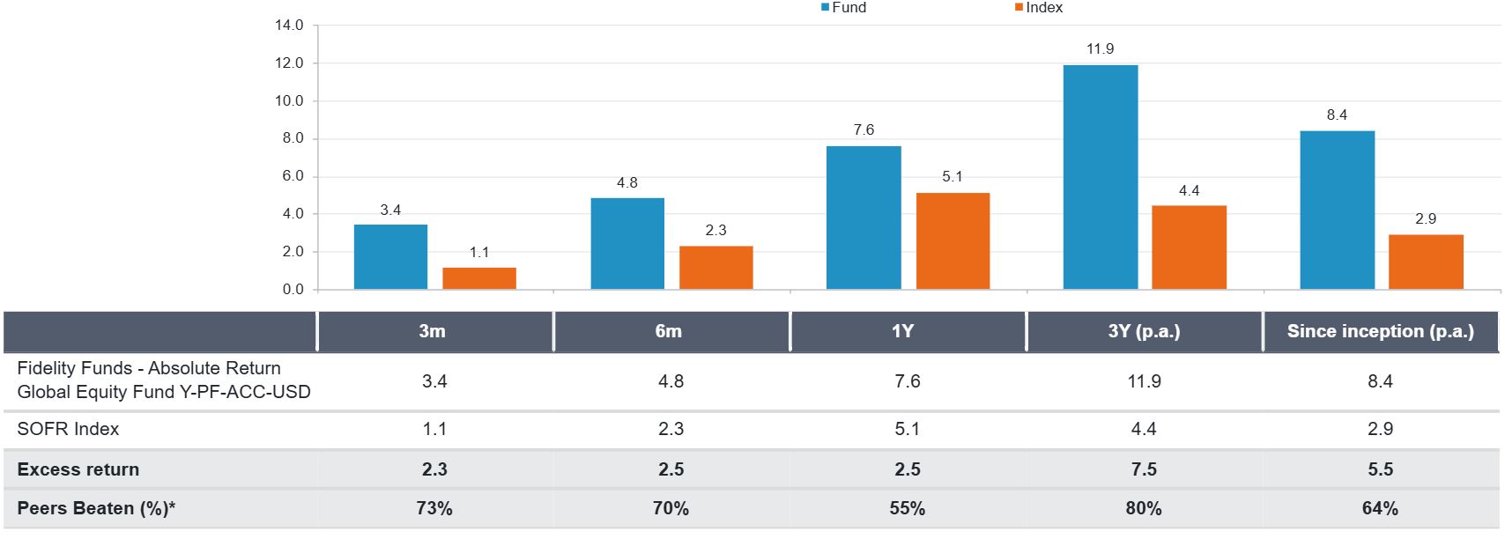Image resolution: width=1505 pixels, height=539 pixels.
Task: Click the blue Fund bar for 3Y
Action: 1100,177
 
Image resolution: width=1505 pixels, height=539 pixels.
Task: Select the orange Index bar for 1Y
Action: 953,240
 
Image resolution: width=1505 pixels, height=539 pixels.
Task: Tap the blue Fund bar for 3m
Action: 390,256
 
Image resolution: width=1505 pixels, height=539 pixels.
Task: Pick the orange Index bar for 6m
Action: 715,267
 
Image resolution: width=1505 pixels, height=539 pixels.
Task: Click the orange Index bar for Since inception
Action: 1426,262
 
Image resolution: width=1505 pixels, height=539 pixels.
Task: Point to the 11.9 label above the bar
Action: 1100,49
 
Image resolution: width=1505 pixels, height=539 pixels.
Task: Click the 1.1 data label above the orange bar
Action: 478,253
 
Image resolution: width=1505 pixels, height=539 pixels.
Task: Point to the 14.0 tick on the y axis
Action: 289,26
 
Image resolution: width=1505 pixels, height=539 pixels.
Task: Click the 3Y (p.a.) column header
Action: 1144,332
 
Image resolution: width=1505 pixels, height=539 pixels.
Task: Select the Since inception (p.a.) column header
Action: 1380,332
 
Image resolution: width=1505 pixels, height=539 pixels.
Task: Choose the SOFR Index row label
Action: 68,429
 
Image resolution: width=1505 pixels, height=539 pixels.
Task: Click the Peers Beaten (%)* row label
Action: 96,508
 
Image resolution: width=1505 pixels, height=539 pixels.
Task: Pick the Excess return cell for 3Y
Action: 1144,469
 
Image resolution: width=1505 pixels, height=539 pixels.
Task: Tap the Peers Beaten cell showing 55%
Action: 907,508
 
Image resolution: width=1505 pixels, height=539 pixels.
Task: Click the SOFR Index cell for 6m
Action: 671,429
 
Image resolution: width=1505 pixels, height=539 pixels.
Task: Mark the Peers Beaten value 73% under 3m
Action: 434,508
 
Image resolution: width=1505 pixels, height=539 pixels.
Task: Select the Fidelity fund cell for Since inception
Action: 1380,381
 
